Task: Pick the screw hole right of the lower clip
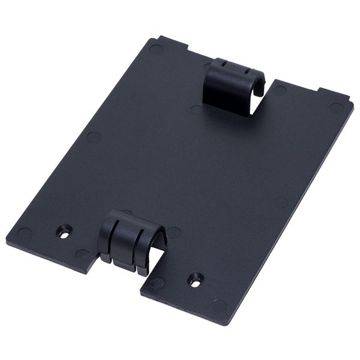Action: pos(195,278)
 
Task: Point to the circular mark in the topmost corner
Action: pos(155,48)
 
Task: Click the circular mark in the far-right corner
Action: pos(336,107)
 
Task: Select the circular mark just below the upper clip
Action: pos(196,110)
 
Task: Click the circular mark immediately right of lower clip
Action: pos(174,233)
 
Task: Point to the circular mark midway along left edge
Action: pos(93,137)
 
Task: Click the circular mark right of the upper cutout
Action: pos(280,91)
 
